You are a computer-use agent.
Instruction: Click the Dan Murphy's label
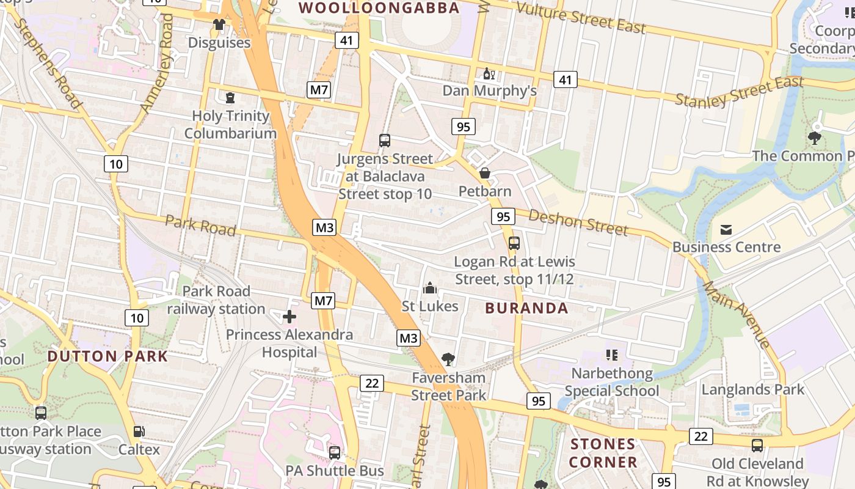[x=489, y=91]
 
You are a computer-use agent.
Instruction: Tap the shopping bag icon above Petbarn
[x=485, y=173]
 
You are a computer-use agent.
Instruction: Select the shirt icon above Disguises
[x=219, y=24]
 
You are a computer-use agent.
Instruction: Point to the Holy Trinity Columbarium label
[x=230, y=125]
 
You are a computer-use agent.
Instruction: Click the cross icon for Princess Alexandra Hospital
[x=289, y=317]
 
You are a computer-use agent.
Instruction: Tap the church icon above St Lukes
[x=430, y=287]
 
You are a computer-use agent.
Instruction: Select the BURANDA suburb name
[x=526, y=308]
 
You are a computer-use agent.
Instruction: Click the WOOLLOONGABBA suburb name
[x=379, y=8]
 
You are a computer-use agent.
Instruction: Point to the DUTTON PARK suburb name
[x=107, y=356]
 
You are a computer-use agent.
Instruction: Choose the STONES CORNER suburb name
[x=603, y=453]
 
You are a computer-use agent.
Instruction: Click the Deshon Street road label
[x=578, y=222]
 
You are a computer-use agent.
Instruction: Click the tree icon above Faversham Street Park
[x=448, y=359]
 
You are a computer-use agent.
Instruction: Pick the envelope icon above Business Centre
[x=726, y=230]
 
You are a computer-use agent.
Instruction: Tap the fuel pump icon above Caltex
[x=139, y=432]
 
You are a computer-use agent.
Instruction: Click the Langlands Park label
[x=752, y=389]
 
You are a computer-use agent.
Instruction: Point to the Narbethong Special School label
[x=612, y=382]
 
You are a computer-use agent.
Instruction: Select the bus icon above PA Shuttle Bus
[x=335, y=453]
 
